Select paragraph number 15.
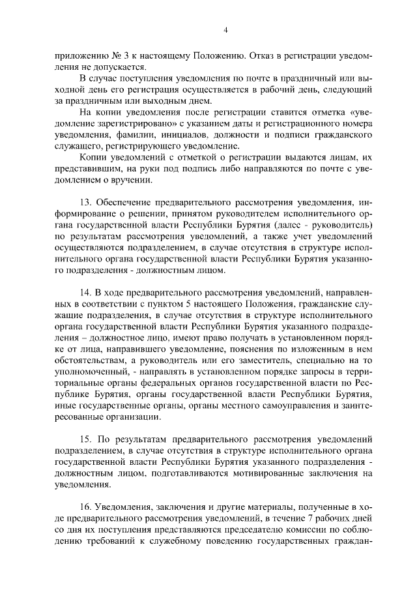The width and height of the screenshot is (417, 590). pos(85,434)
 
